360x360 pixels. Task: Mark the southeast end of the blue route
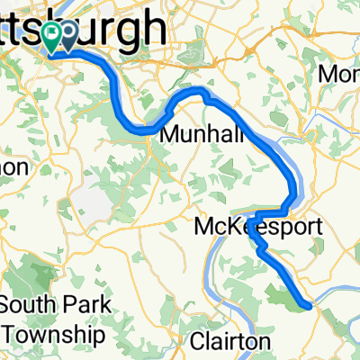pos(310,306)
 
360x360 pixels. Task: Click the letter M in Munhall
pos(168,135)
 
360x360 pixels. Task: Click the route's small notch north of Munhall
pos(205,94)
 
